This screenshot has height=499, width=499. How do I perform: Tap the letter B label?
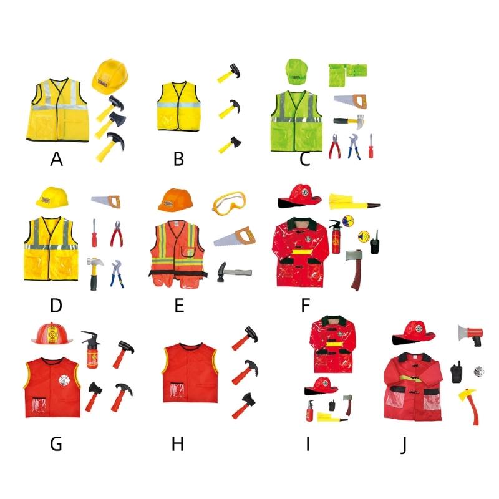tap(178, 159)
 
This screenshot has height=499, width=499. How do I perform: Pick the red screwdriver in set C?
tap(370, 145)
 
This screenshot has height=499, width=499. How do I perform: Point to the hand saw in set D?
tap(105, 201)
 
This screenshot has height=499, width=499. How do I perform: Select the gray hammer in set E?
tap(233, 272)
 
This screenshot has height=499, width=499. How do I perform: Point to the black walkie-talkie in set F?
tap(375, 242)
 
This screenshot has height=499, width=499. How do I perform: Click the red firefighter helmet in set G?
tap(53, 335)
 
